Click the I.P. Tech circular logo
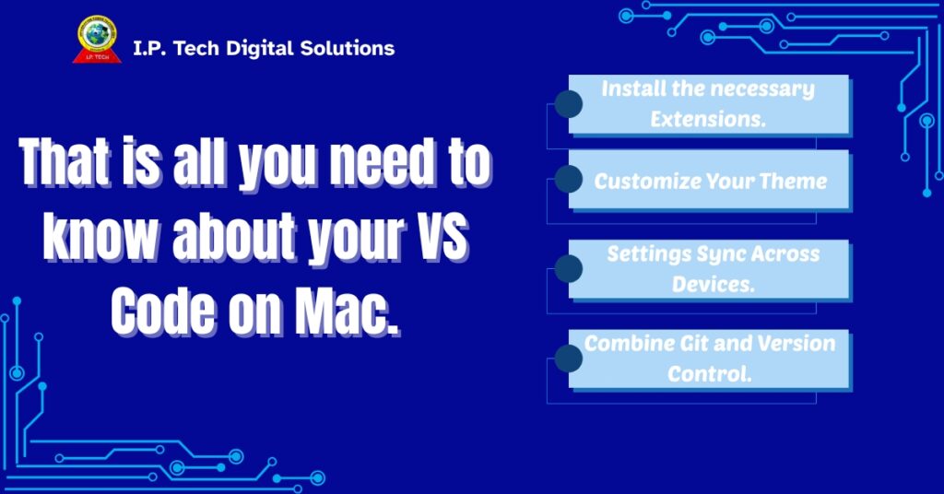pos(97,39)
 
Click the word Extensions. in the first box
pos(708,119)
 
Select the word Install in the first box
pos(633,89)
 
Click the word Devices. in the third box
pos(713,284)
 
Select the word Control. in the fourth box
pos(710,374)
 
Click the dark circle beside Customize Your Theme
pos(569,179)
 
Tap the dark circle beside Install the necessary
pos(569,103)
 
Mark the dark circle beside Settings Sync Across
pos(569,268)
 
